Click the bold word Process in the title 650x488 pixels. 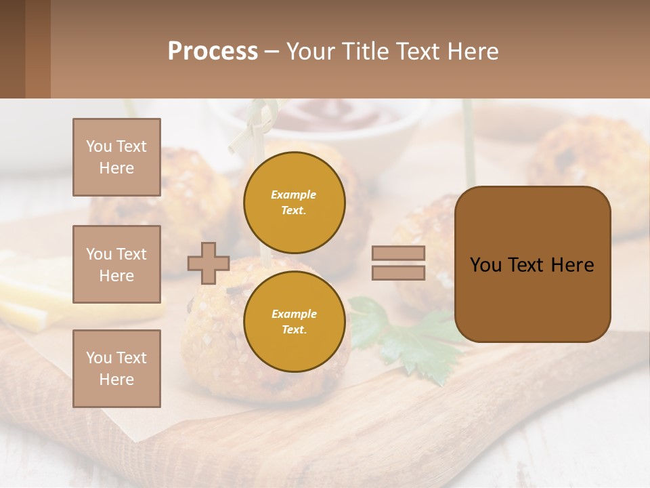point(213,52)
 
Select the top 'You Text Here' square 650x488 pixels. point(116,157)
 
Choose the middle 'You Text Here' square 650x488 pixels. point(116,264)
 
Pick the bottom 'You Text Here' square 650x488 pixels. point(116,368)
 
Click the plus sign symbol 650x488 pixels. point(209,263)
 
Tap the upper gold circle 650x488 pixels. point(294,202)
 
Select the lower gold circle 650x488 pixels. point(294,321)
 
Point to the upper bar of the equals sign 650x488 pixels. point(398,253)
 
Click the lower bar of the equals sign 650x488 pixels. point(398,272)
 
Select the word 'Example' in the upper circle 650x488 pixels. point(294,195)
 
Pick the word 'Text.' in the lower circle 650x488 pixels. point(294,329)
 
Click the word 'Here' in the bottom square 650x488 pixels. point(116,380)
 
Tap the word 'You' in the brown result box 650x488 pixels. point(485,265)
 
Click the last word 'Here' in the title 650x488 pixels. point(473,52)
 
